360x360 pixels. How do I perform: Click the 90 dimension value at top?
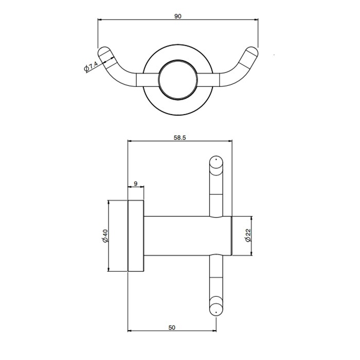[x=178, y=16]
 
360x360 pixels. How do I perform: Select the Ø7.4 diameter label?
[x=91, y=67]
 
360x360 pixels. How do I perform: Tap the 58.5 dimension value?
[x=178, y=137]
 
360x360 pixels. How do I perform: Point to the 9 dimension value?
[x=135, y=183]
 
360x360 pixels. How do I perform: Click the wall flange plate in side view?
[x=136, y=236]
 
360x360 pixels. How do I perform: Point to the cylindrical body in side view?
[x=180, y=236]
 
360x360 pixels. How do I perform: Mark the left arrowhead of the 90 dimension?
[x=100, y=21]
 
